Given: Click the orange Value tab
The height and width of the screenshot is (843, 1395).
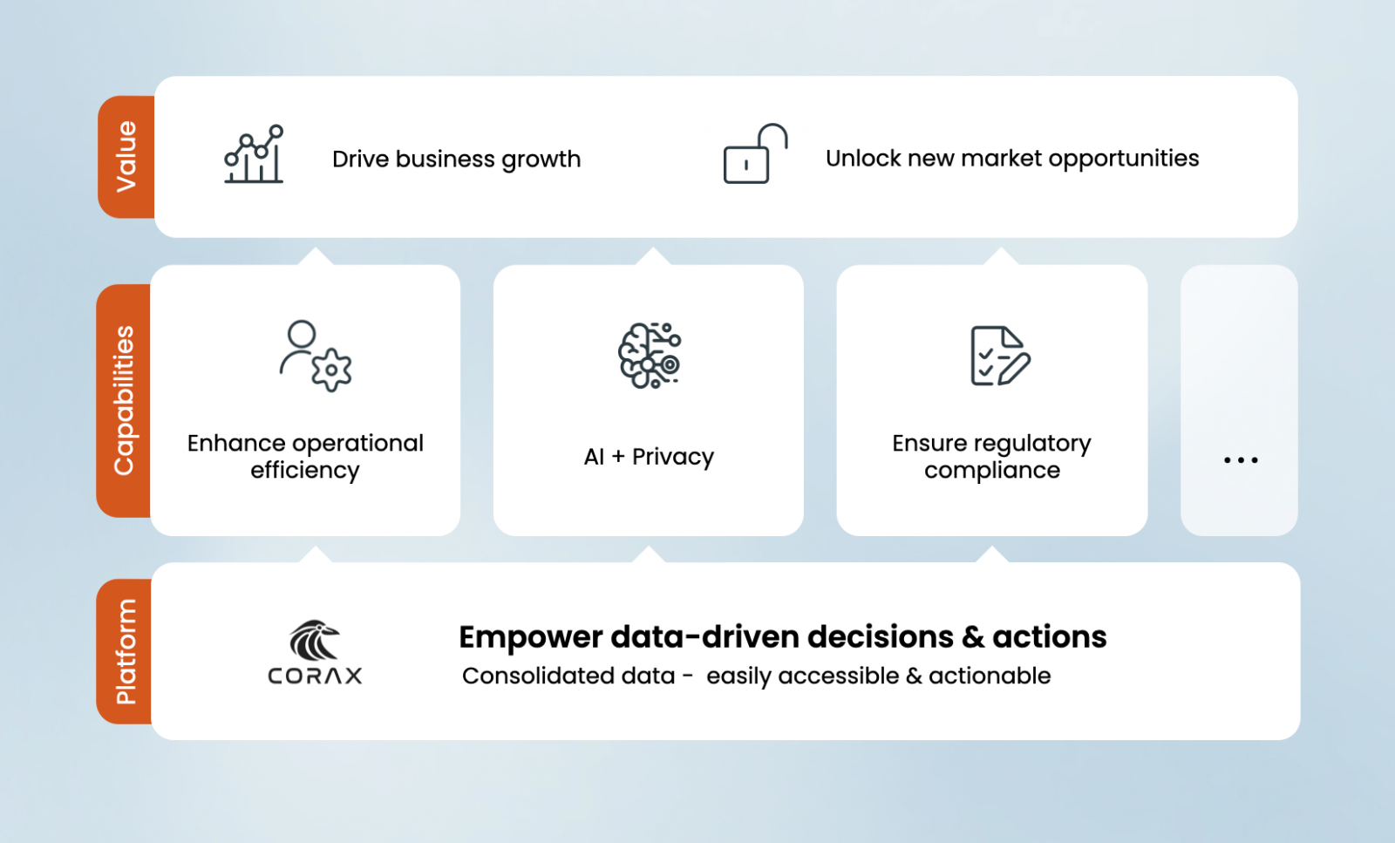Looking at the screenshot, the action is (x=126, y=157).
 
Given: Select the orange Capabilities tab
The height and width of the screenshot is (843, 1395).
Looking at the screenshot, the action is (x=123, y=400).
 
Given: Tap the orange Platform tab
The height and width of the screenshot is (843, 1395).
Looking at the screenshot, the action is (x=124, y=651).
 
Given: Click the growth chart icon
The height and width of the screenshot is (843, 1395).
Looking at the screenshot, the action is (x=254, y=153).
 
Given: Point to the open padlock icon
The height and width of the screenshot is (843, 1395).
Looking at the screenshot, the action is (x=755, y=153).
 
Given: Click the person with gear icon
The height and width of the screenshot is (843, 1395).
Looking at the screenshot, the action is (x=315, y=356).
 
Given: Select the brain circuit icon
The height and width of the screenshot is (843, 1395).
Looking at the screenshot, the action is (x=650, y=356).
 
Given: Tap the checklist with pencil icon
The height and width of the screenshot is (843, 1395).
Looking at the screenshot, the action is (x=1000, y=356).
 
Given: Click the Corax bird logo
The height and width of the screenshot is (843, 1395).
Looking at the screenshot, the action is (x=315, y=639).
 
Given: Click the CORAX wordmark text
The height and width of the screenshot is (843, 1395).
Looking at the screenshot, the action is (x=315, y=676).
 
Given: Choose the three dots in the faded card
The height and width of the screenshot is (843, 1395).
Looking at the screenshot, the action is (x=1241, y=460).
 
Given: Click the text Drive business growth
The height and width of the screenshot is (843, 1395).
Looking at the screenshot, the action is (x=457, y=159).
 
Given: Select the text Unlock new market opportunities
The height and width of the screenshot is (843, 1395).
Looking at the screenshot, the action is (x=1012, y=159).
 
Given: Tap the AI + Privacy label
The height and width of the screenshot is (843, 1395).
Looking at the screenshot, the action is (x=649, y=457).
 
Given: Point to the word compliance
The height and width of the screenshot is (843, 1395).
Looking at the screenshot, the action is (x=992, y=471).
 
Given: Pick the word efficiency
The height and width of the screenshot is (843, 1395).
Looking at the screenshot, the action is (x=305, y=471).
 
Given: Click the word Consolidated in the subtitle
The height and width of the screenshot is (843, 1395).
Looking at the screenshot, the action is (x=568, y=676).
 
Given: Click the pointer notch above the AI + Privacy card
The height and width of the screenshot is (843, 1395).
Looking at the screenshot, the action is (x=653, y=256).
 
